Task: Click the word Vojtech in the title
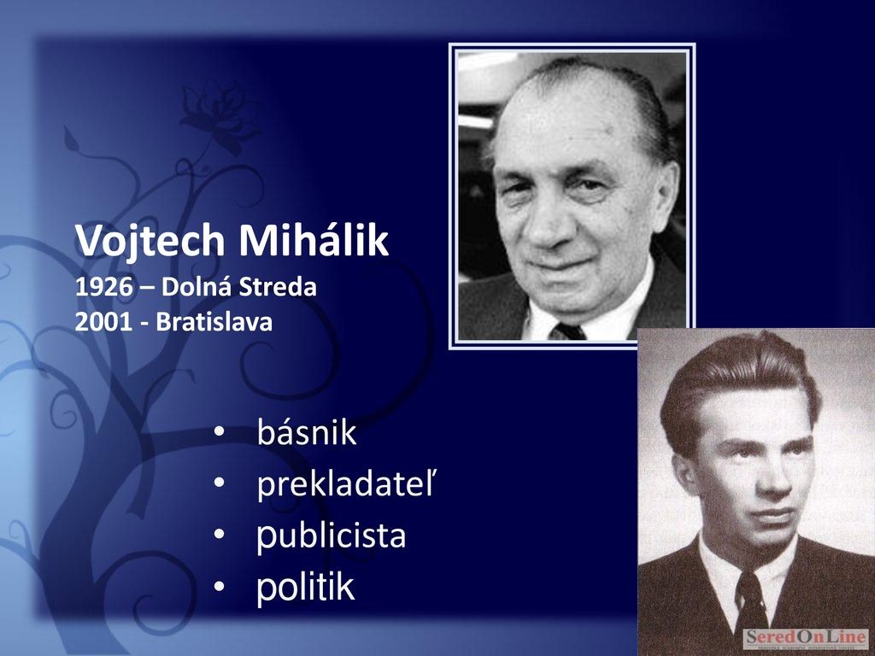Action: (150, 240)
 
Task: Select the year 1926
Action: (103, 287)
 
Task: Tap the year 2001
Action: (103, 322)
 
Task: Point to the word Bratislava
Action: (214, 322)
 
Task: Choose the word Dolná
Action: (197, 287)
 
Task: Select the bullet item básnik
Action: (307, 431)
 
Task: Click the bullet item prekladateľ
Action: (345, 483)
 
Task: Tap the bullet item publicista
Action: (331, 536)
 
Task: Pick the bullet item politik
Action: (305, 586)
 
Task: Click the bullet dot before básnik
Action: (220, 431)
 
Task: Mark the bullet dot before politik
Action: (220, 586)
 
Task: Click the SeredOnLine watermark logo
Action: (806, 637)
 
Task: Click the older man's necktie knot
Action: (567, 331)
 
